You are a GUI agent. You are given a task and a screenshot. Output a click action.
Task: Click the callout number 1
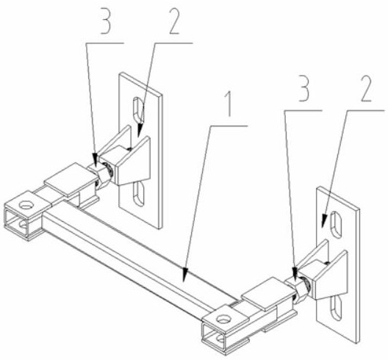[x=229, y=104]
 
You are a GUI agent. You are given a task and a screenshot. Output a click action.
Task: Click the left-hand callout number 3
[x=106, y=21]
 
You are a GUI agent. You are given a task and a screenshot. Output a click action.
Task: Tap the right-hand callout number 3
[x=305, y=88]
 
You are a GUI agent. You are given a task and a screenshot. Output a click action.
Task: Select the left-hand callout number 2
[x=174, y=21]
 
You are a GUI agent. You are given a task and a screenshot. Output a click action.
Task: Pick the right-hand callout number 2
[x=366, y=88]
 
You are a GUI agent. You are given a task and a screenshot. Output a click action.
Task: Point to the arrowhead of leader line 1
[x=185, y=275]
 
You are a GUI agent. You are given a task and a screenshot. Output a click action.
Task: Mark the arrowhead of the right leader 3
[x=295, y=274]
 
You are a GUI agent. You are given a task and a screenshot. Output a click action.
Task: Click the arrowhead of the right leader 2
[x=324, y=220]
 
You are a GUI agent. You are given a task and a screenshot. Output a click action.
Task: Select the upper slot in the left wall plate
[x=138, y=109]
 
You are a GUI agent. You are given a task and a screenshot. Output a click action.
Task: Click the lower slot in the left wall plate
[x=139, y=194]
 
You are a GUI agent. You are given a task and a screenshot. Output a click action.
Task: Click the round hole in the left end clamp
[x=26, y=205]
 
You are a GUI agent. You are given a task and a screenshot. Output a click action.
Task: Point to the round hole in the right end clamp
[x=223, y=320]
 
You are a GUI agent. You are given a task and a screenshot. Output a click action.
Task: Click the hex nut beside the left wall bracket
[x=104, y=173]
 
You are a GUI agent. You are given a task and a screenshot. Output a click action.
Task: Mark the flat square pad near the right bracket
[x=268, y=294]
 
